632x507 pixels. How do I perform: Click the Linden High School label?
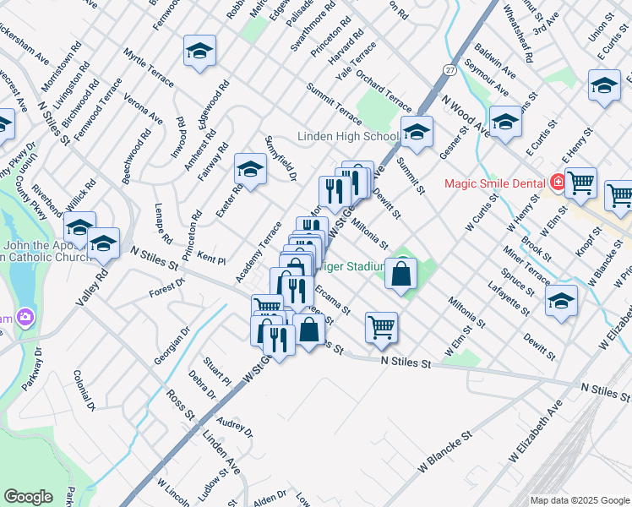click(x=347, y=137)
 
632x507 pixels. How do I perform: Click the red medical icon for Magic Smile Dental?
click(x=558, y=182)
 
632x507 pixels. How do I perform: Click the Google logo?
click(x=29, y=497)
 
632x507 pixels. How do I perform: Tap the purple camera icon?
click(x=25, y=317)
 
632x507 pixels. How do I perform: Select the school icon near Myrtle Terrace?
click(x=199, y=52)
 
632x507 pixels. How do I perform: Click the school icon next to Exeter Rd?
click(x=250, y=170)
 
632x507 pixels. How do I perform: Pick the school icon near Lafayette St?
click(x=561, y=301)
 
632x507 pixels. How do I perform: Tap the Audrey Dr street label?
click(x=234, y=426)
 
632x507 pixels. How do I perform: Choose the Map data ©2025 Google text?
click(x=579, y=500)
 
